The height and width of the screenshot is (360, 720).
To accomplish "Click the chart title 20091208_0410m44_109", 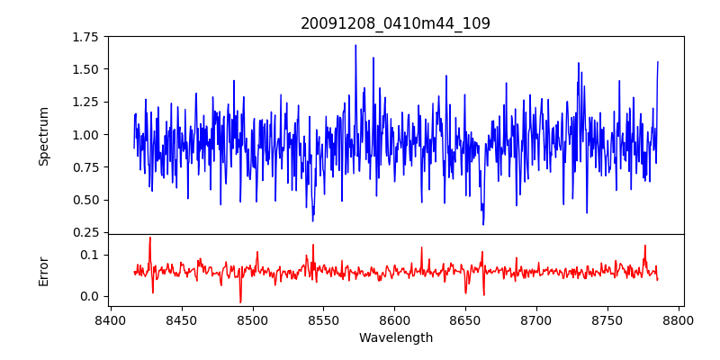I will [395, 23].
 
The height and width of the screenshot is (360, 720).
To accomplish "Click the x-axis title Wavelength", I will [395, 338].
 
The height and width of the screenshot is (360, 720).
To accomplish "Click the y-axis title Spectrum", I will [44, 136].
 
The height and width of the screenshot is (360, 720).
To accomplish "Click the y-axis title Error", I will [44, 270].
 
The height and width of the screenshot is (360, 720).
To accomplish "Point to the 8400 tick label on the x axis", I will [111, 319].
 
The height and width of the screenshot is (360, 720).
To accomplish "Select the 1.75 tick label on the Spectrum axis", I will [85, 37].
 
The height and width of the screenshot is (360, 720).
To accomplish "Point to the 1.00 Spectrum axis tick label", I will [85, 135].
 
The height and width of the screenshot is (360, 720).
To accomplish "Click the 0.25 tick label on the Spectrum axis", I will [85, 233].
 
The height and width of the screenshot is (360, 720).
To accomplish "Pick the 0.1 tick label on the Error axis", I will [90, 256].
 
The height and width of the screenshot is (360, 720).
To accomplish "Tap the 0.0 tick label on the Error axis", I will [90, 296].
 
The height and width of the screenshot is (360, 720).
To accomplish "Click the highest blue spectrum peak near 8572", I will [355, 45].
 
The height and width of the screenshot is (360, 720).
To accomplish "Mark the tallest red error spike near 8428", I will [150, 238].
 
